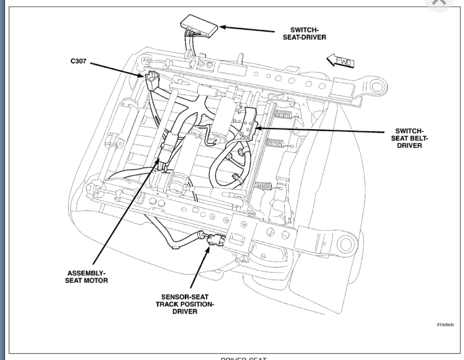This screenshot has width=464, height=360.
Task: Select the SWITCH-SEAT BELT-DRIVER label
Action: click(x=409, y=138)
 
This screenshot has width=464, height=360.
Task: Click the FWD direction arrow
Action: click(x=340, y=61)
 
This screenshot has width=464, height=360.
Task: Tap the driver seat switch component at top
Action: click(x=198, y=23)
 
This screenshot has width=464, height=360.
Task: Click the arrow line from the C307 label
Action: click(x=117, y=69)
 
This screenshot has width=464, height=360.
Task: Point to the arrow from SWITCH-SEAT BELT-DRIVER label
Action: click(x=319, y=131)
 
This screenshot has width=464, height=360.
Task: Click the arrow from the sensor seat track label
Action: click(x=198, y=269)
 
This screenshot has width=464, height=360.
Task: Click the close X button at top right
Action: click(x=439, y=2)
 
